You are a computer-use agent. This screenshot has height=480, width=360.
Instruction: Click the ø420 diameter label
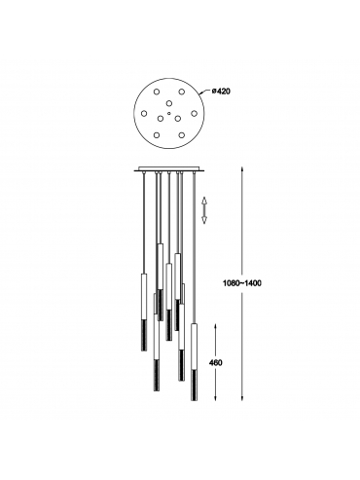(x=221, y=92)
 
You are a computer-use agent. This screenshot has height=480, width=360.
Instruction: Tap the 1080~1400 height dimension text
(x=242, y=283)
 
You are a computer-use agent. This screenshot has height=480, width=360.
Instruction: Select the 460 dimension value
(x=216, y=362)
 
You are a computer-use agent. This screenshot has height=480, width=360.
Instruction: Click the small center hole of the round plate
(x=169, y=113)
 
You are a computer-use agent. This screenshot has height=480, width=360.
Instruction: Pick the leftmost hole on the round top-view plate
(x=144, y=113)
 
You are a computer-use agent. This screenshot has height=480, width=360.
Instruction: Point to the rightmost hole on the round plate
(x=194, y=113)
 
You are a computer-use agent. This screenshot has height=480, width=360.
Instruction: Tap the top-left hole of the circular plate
(x=157, y=92)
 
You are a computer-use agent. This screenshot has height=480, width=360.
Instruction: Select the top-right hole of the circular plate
(x=182, y=92)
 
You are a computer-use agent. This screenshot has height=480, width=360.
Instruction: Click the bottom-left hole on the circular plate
(x=157, y=134)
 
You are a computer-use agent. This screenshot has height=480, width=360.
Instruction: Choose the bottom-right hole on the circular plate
(x=182, y=134)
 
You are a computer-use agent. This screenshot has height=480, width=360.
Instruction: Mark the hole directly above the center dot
(x=169, y=103)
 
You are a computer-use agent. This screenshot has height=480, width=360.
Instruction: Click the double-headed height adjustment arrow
(x=204, y=210)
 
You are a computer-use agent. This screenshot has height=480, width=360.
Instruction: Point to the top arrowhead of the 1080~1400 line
(x=242, y=169)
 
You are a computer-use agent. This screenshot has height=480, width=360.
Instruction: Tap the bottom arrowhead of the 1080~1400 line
(x=242, y=398)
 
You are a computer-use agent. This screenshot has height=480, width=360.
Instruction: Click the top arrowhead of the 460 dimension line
(x=216, y=325)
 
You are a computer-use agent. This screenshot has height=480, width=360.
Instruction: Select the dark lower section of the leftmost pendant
(x=144, y=335)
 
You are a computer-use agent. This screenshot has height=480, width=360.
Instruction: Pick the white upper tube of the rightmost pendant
(x=195, y=347)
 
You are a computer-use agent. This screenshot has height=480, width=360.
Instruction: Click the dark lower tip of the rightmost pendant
(x=195, y=386)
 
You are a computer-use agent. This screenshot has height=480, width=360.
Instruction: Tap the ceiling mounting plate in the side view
(x=168, y=169)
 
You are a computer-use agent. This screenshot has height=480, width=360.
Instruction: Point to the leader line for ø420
(x=204, y=92)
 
